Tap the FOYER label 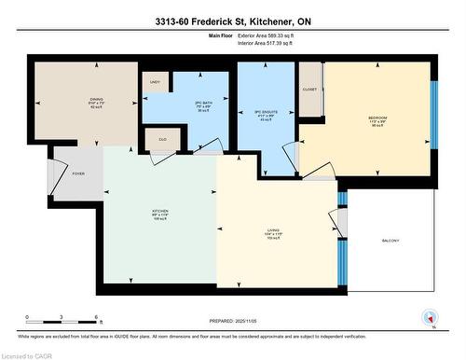tap(78, 173)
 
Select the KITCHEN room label tap(160, 211)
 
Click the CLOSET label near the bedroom tap(310, 90)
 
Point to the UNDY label tap(155, 83)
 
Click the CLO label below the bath tap(161, 138)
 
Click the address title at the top tap(233, 21)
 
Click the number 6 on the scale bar tap(96, 317)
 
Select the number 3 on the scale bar tap(62, 317)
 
